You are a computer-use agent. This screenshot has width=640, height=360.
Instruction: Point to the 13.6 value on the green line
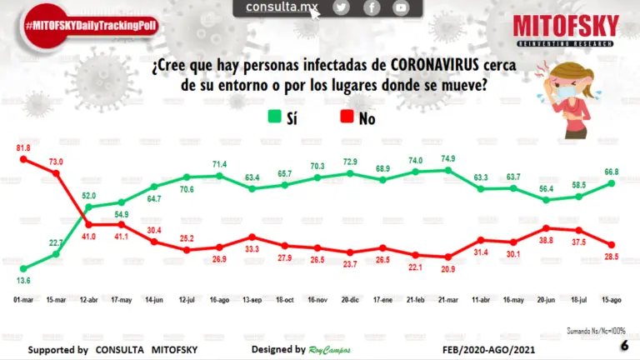tap(23, 281)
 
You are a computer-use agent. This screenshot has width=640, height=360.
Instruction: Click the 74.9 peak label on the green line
tap(447, 158)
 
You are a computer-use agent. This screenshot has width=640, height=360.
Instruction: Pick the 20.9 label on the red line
tap(447, 268)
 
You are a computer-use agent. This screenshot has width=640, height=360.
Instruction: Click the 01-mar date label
tap(23, 297)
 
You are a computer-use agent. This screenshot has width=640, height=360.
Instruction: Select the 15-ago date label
tap(611, 297)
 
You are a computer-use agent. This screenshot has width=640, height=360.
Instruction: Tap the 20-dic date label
tap(350, 297)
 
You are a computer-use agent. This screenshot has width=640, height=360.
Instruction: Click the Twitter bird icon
tap(341, 7)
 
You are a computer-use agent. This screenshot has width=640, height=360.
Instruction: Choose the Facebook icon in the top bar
tap(372, 7)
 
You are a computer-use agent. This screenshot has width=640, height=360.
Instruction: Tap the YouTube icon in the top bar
tap(402, 7)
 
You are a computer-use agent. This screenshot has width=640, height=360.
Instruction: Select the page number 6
tap(624, 346)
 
